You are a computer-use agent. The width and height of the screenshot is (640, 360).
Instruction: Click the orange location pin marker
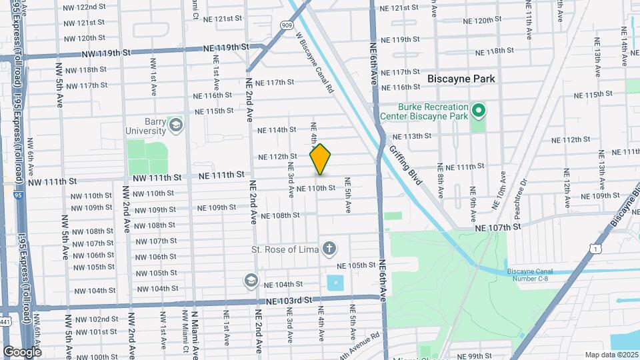click(x=320, y=159)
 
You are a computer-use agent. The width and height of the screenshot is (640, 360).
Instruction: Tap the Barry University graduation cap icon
click(x=175, y=125)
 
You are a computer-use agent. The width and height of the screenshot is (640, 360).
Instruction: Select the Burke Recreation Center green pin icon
click(x=478, y=111)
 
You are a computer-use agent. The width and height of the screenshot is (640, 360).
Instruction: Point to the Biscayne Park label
click(x=461, y=79)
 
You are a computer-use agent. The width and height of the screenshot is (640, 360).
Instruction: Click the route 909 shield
click(x=286, y=25)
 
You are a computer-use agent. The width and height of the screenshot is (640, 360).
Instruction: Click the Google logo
click(x=23, y=351)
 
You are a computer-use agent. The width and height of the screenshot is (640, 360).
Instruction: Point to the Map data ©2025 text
click(x=611, y=355)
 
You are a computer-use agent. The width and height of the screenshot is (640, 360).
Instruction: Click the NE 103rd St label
click(x=288, y=301)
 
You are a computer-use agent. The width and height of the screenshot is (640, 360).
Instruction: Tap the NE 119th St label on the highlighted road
click(x=226, y=47)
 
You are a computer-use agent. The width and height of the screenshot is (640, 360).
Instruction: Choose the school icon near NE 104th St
click(x=251, y=279)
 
